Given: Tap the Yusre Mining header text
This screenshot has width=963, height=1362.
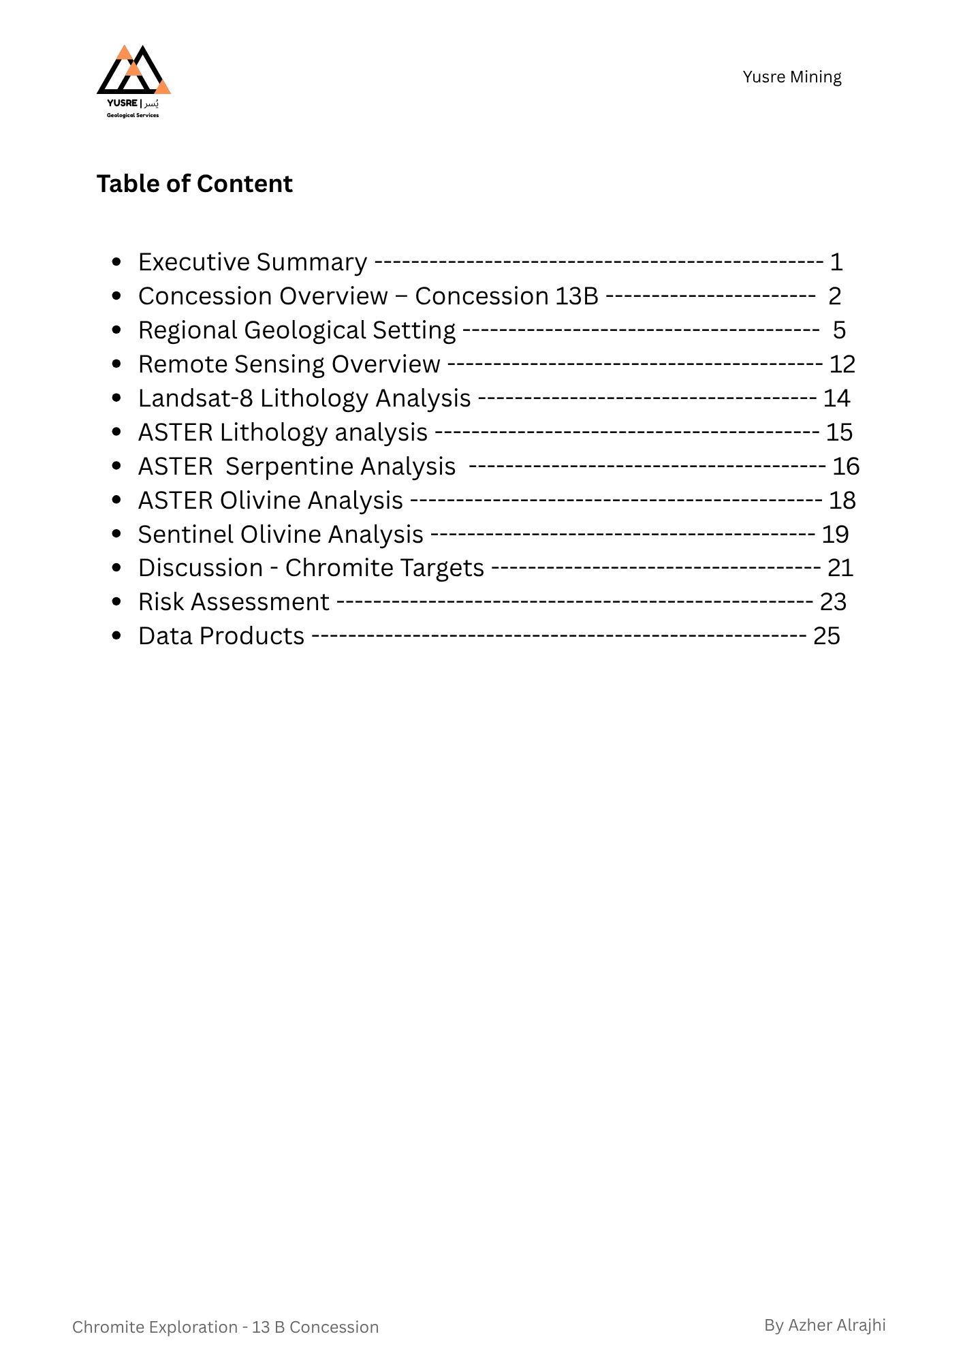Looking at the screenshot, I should pyautogui.click(x=791, y=77).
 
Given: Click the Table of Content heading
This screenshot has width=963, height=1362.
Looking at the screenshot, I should pyautogui.click(x=194, y=184).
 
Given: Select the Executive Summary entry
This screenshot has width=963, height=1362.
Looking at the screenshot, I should pyautogui.click(x=252, y=262).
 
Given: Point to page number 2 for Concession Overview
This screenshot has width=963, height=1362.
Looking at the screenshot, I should pyautogui.click(x=834, y=296).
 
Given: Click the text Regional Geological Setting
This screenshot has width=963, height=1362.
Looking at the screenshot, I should pyautogui.click(x=296, y=330).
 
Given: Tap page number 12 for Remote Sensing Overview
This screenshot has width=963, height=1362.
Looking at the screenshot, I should pyautogui.click(x=842, y=364).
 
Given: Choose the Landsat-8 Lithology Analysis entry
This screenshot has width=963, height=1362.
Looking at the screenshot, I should pyautogui.click(x=304, y=398).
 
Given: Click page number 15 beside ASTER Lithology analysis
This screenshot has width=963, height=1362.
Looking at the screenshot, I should pyautogui.click(x=839, y=432).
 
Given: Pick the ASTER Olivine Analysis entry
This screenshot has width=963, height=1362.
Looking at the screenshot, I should pyautogui.click(x=270, y=501).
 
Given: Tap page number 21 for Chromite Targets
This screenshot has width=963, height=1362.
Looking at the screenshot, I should pyautogui.click(x=840, y=568).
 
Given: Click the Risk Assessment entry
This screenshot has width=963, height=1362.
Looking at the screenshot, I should pyautogui.click(x=234, y=602).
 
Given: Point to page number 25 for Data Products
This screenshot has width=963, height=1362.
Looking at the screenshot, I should pyautogui.click(x=827, y=636).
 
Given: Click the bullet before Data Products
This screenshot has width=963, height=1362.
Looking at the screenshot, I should pyautogui.click(x=116, y=636).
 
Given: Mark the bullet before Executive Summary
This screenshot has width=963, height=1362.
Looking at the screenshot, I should pyautogui.click(x=116, y=262).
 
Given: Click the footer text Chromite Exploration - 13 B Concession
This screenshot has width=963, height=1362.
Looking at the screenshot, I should pyautogui.click(x=225, y=1327).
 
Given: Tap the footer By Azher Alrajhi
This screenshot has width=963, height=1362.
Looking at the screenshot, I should pyautogui.click(x=825, y=1325).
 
